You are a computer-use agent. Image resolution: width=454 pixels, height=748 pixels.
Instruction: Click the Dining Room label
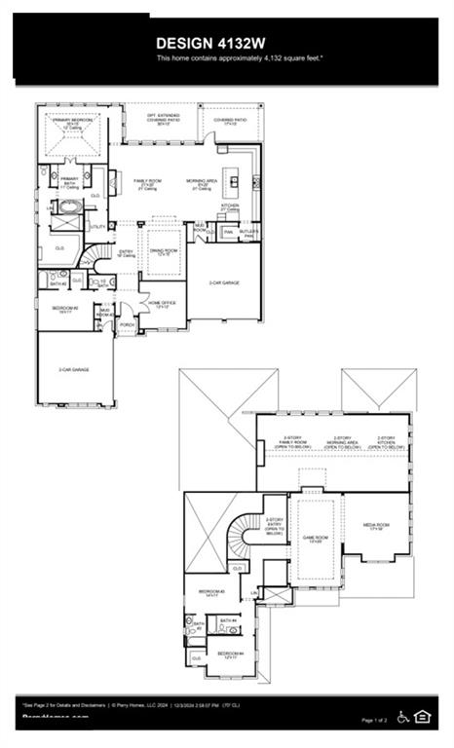point(163,252)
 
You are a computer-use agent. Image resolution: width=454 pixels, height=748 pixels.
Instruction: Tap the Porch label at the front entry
point(127,324)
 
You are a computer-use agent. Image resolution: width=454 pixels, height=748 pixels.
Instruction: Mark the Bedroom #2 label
point(64,310)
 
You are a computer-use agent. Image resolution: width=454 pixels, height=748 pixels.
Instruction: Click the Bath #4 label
point(228,620)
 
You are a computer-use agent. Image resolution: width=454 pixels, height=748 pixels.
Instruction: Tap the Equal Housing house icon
point(423,717)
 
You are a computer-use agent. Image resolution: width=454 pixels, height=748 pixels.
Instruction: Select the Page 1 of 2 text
point(373,720)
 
